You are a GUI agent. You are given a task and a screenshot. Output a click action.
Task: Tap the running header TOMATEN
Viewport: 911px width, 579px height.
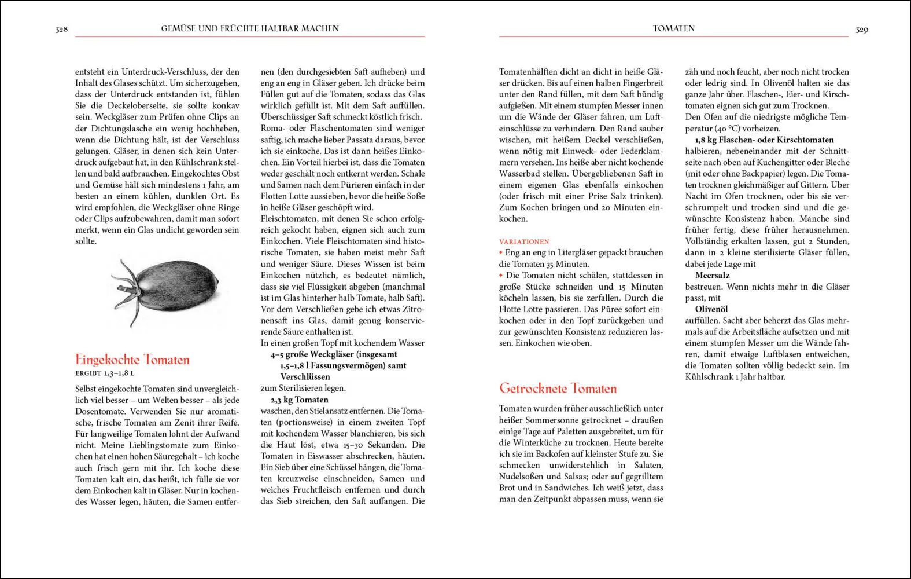coord(674,28)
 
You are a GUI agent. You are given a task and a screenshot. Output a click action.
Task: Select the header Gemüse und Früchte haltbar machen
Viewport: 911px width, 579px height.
coord(250,28)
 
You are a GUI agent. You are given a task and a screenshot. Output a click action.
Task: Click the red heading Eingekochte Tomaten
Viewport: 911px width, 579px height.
coord(132,360)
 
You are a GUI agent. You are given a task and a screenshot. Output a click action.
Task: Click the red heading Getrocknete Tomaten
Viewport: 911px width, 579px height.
coord(558,388)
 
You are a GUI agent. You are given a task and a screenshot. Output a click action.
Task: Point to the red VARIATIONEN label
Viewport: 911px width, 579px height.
coord(524,241)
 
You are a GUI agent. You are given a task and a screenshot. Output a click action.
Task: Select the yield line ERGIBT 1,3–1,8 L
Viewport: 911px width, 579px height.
coord(105,373)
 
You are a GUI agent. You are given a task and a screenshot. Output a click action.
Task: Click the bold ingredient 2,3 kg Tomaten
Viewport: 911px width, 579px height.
coord(299,400)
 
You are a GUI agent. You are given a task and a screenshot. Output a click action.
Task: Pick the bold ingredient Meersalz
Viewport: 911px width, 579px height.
coord(712,276)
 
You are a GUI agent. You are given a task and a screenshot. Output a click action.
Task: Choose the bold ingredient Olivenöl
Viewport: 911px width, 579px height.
coord(711,309)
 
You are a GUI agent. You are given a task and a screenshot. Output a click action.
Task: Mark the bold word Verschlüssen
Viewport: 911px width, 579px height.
coord(305,377)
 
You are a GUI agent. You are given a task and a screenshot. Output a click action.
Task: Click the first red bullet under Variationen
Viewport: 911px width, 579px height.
coord(501,252)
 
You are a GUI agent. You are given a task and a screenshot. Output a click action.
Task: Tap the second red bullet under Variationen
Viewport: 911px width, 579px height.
coord(501,275)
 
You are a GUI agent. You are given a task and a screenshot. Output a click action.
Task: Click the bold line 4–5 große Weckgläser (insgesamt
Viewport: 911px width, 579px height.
coord(334,354)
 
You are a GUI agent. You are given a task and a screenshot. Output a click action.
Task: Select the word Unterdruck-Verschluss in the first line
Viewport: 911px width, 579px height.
coord(158,72)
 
